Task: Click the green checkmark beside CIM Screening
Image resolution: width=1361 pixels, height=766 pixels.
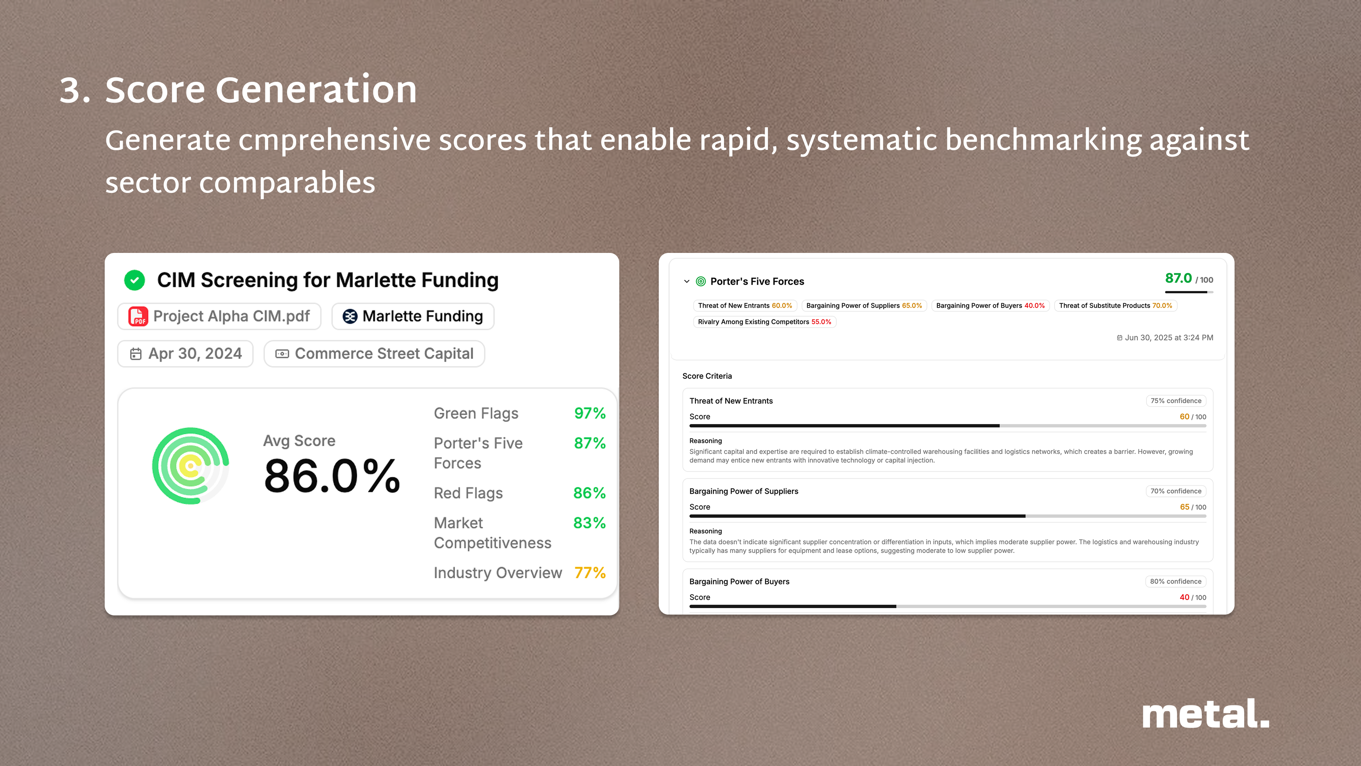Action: pos(135,280)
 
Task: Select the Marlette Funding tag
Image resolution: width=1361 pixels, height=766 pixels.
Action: pos(413,317)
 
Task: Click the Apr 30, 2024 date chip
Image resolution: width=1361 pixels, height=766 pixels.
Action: pos(186,354)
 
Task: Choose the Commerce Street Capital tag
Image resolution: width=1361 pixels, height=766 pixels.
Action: pos(374,354)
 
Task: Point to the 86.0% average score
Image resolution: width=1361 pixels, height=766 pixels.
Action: pos(332,476)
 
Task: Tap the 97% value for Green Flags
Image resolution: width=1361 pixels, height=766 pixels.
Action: pos(589,413)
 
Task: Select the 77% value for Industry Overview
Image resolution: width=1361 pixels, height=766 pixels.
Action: pos(589,573)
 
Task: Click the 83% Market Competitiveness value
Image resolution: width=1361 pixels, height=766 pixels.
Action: pos(589,523)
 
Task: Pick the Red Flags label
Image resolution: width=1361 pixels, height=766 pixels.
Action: pos(468,493)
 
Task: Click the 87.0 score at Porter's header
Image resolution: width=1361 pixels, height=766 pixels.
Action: pos(1178,278)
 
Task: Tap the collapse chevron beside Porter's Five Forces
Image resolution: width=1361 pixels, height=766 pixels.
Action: pos(686,282)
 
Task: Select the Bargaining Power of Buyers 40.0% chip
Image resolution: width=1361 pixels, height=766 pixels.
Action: pos(990,306)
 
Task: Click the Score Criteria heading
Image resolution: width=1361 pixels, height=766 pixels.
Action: pos(707,376)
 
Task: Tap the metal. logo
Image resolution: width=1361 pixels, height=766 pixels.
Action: pos(1206,714)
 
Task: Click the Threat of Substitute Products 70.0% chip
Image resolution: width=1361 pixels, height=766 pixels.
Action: pos(1115,306)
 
